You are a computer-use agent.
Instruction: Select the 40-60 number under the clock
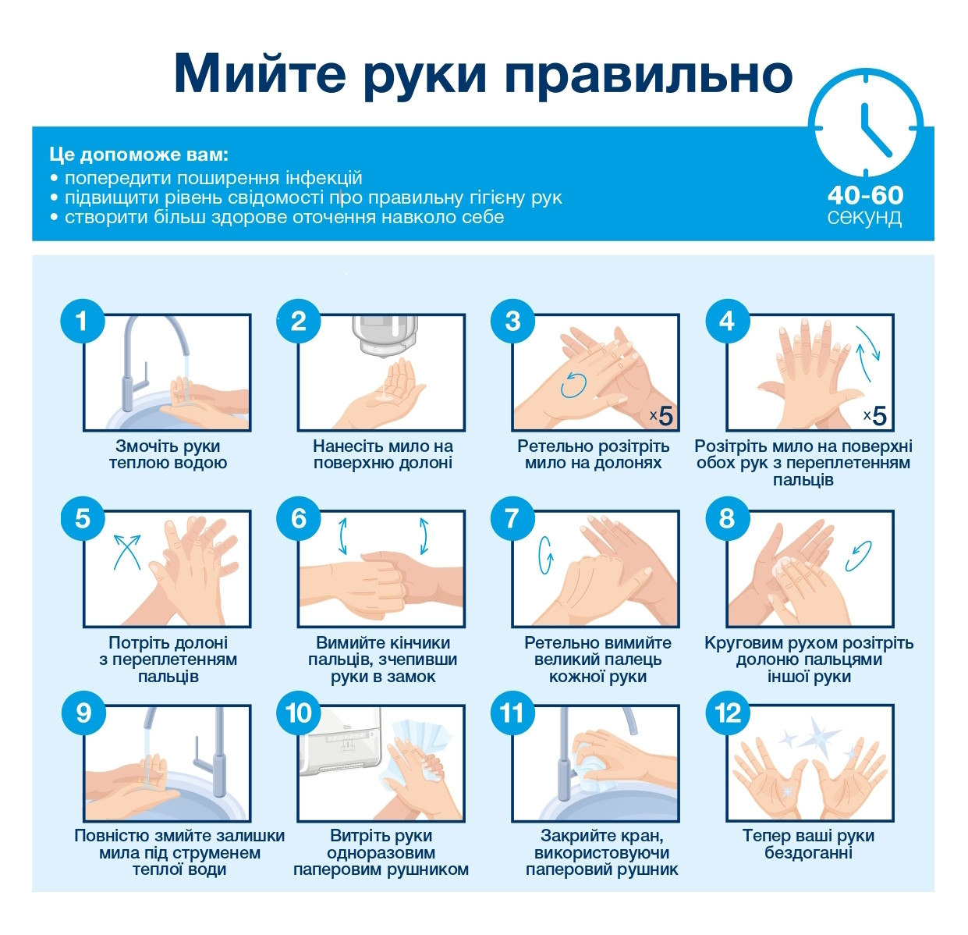866,196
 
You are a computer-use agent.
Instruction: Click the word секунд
864,218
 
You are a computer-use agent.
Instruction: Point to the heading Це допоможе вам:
139,155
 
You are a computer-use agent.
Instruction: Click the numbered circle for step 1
83,321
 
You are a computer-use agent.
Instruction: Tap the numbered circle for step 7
512,518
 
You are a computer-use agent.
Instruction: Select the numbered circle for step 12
728,713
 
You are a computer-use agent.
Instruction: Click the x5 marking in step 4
875,415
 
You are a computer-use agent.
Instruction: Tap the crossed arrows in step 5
126,551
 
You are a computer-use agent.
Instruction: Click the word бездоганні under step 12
808,853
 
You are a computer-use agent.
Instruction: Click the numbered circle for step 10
299,713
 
